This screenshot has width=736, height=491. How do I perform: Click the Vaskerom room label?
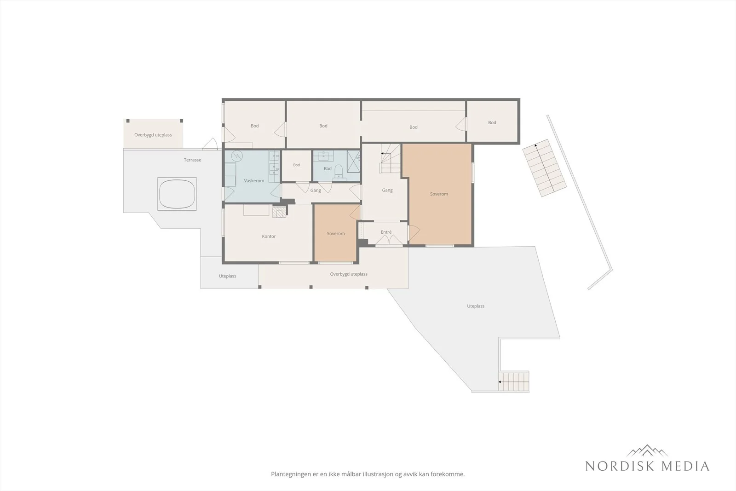(x=254, y=181)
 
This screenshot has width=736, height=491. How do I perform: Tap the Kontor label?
(x=269, y=237)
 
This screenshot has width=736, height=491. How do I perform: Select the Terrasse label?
(x=193, y=160)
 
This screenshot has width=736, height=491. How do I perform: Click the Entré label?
(x=386, y=232)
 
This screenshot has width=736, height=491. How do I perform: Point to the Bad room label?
(x=328, y=168)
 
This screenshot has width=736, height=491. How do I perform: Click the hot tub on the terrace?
(x=177, y=194)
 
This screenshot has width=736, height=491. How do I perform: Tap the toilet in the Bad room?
(x=339, y=172)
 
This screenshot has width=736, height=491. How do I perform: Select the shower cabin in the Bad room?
(x=354, y=161)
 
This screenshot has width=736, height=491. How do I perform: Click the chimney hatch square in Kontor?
(x=279, y=213)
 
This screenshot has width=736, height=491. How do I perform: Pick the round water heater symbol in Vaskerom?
(x=237, y=156)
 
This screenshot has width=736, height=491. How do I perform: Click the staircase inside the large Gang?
(x=390, y=159)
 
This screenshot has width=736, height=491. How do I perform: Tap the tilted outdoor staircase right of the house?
(x=545, y=168)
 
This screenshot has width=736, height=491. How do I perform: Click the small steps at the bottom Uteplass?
(x=513, y=381)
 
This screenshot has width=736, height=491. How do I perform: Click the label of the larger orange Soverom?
(x=439, y=194)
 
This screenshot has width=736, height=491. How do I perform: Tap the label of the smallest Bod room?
(x=296, y=165)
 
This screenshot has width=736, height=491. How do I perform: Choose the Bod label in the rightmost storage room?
(x=492, y=122)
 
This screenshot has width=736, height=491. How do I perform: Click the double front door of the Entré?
(x=389, y=240)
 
